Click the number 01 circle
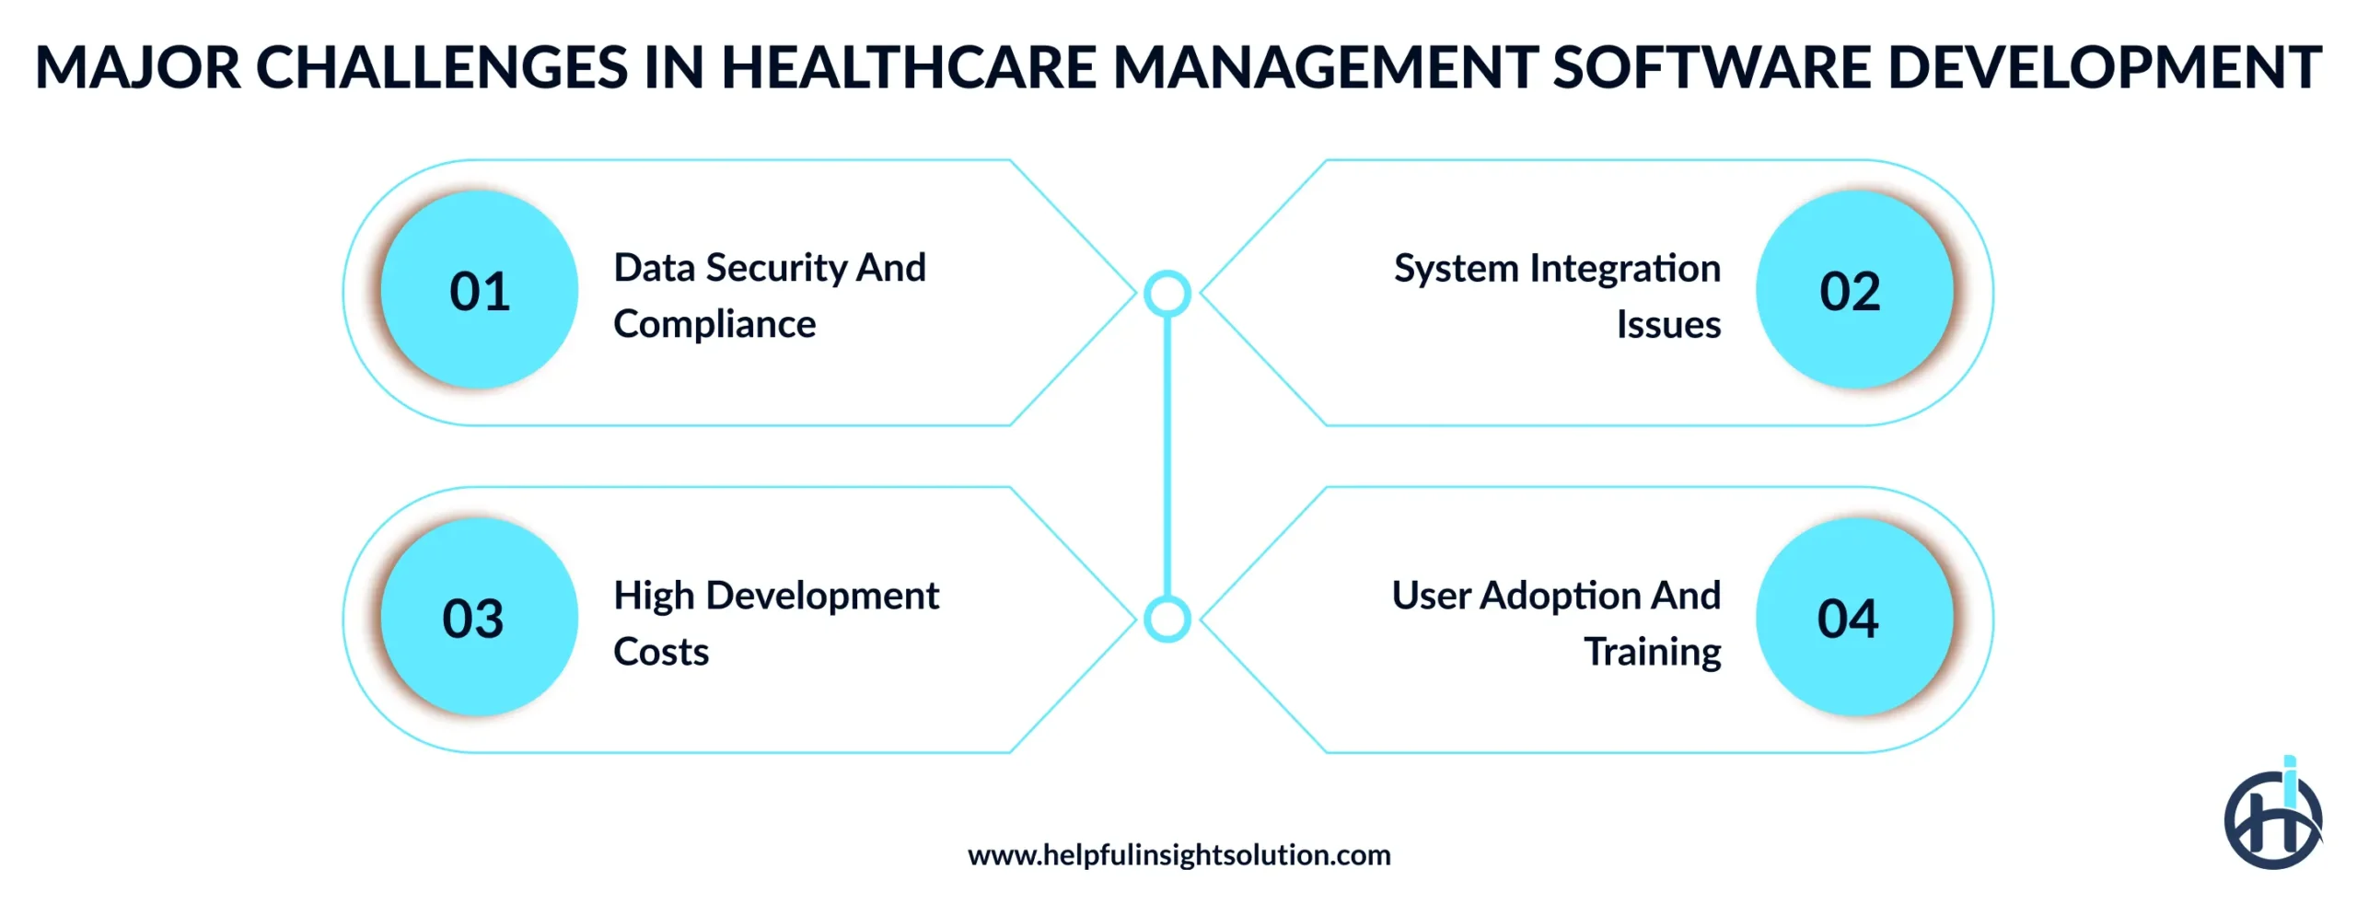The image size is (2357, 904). (479, 290)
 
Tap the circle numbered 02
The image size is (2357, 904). (1852, 290)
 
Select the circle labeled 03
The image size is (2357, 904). (479, 617)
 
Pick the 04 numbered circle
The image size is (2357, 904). (1852, 617)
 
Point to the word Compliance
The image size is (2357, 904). (714, 324)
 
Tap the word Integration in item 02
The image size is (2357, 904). (1625, 269)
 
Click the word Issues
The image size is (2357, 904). (1668, 325)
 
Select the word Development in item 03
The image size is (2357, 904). (822, 596)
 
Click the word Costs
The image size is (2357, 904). (661, 652)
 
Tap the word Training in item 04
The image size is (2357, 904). (1652, 652)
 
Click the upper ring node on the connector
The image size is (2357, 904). (1167, 294)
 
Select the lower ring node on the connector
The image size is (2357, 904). (1167, 619)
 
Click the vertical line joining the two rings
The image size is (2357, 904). (1167, 456)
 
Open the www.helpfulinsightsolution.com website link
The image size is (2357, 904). (1178, 855)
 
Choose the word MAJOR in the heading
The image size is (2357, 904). (138, 67)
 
